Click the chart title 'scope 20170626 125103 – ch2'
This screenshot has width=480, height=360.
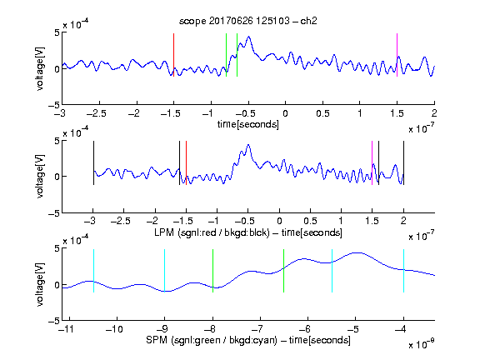[248, 21]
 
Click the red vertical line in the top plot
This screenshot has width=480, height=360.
[174, 55]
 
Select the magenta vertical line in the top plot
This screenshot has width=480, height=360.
[397, 55]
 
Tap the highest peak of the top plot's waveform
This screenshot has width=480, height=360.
[249, 37]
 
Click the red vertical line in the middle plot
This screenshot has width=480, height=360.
[186, 162]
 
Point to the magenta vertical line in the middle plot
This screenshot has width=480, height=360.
[372, 162]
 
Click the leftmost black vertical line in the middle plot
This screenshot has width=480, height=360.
[93, 162]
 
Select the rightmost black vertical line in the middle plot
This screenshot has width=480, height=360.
[404, 162]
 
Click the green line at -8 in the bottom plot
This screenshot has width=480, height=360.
[213, 271]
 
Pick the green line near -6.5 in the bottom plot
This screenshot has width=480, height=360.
[284, 271]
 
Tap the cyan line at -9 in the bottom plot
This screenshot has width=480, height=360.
[165, 271]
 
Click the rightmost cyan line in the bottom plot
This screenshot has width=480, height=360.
[404, 271]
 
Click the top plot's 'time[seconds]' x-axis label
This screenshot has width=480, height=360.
[248, 124]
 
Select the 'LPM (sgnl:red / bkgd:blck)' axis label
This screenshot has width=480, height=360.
[212, 232]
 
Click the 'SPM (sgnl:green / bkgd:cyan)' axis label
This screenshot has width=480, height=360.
[212, 340]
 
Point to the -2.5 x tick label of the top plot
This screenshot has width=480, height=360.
[97, 113]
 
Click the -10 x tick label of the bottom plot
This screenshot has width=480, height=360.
[114, 329]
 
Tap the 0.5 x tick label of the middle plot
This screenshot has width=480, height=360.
[310, 221]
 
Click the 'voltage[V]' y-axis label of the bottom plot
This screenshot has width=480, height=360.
[40, 285]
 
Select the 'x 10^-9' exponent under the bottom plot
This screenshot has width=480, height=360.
[422, 343]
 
